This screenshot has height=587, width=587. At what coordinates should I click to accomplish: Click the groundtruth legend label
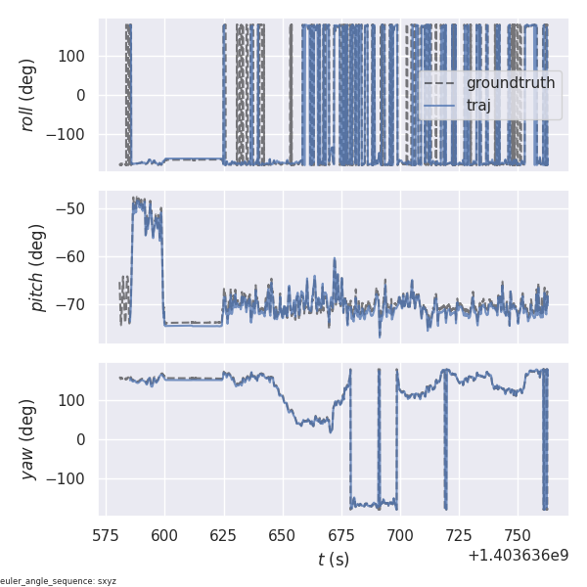click(510, 83)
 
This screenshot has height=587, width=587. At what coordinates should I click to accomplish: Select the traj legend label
click(478, 106)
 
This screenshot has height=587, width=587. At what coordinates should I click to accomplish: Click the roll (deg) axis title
click(28, 95)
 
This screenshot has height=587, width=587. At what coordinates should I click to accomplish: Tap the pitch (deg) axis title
click(37, 267)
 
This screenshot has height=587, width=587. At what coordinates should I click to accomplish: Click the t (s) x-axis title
click(333, 560)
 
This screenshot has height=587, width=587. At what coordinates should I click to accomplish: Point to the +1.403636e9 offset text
click(518, 556)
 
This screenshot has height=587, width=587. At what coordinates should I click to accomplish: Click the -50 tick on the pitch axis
click(76, 208)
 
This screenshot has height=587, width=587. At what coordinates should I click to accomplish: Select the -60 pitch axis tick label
click(76, 256)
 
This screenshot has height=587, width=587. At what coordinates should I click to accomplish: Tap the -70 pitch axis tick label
click(76, 304)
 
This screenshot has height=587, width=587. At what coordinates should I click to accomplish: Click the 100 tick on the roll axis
click(73, 56)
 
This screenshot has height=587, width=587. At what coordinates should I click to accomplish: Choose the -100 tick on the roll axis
click(68, 134)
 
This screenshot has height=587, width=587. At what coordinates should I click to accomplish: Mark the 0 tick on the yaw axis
click(85, 439)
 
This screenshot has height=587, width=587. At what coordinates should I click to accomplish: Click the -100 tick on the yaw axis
click(68, 478)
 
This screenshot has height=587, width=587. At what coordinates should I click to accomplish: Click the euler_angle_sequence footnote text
click(59, 581)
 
